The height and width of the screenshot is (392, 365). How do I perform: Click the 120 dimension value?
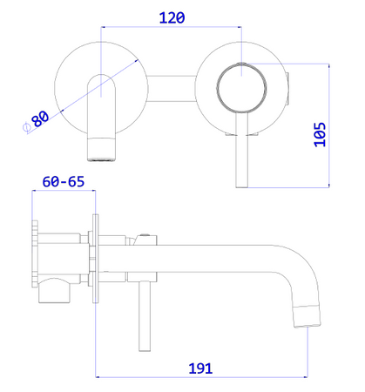click(x=172, y=17)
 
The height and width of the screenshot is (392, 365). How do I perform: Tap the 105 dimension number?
click(x=320, y=134)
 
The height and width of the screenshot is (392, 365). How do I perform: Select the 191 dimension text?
click(x=200, y=368)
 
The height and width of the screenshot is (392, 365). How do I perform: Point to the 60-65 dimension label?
click(x=64, y=182)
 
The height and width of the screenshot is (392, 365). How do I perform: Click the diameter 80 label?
click(x=40, y=118)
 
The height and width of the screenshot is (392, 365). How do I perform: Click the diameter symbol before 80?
click(x=26, y=127)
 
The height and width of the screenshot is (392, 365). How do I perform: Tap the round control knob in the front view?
click(x=241, y=87)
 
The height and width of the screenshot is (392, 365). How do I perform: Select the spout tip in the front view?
click(x=101, y=149)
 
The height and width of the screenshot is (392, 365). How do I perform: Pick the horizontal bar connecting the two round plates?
click(x=172, y=89)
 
